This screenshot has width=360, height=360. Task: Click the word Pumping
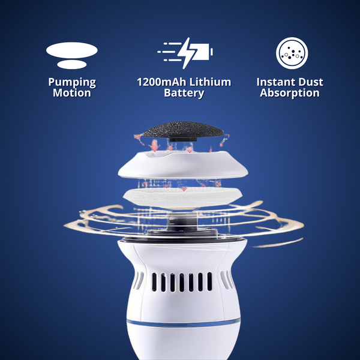(72, 83)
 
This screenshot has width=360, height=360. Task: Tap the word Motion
(72, 93)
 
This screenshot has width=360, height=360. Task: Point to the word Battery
(183, 93)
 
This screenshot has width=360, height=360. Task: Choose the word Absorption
(289, 93)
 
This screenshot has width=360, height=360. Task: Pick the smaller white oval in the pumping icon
(72, 64)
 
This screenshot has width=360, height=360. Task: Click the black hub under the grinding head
(179, 143)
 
